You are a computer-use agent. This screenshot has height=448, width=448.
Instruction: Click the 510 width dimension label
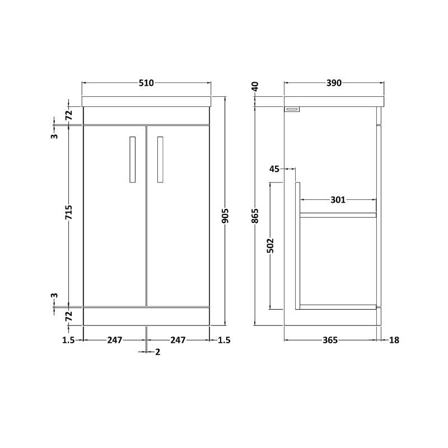[146, 83]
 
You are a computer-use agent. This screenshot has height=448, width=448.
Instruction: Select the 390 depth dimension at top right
[334, 83]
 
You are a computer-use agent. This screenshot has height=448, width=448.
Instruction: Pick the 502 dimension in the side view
[270, 246]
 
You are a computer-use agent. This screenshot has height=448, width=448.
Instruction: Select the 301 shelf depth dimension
[338, 199]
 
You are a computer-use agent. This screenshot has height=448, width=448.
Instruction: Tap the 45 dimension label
[274, 169]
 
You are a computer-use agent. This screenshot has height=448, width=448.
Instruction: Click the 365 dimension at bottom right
[330, 340]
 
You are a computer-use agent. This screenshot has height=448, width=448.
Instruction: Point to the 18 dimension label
[394, 340]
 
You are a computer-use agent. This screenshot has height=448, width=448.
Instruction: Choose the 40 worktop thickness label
[255, 87]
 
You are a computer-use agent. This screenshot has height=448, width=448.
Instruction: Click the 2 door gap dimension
[158, 352]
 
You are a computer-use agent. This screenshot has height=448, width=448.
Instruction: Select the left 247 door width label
[114, 340]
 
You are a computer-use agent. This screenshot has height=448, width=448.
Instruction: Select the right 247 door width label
[178, 340]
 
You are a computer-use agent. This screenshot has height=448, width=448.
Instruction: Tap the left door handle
[132, 160]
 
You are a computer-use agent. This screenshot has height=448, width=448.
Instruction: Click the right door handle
[161, 160]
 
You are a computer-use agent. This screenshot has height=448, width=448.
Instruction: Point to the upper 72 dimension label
[69, 115]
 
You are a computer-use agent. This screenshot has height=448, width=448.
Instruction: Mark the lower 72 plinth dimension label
[69, 316]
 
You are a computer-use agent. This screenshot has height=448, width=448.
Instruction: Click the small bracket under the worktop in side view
[292, 110]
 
